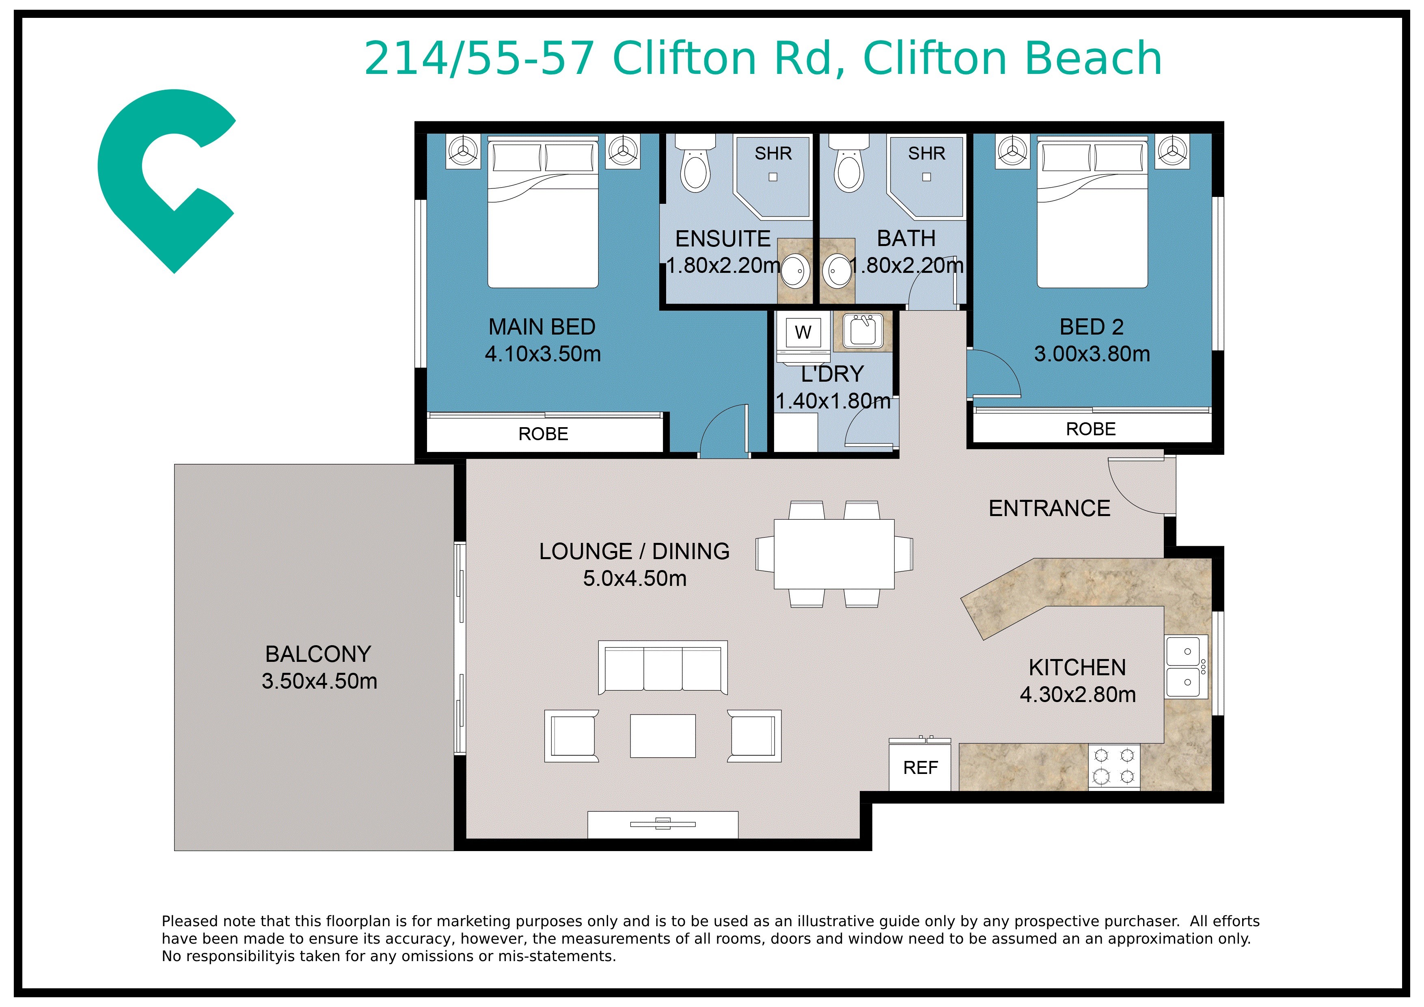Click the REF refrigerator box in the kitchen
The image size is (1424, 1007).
[920, 767]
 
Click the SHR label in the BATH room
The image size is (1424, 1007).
[927, 153]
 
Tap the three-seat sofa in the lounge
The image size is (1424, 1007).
[662, 668]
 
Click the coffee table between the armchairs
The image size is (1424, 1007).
[662, 736]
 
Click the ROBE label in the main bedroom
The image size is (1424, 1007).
[543, 434]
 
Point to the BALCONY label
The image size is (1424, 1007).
[318, 654]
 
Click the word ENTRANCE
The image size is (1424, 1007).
[1049, 508]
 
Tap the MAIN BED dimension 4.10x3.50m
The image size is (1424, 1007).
[543, 354]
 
